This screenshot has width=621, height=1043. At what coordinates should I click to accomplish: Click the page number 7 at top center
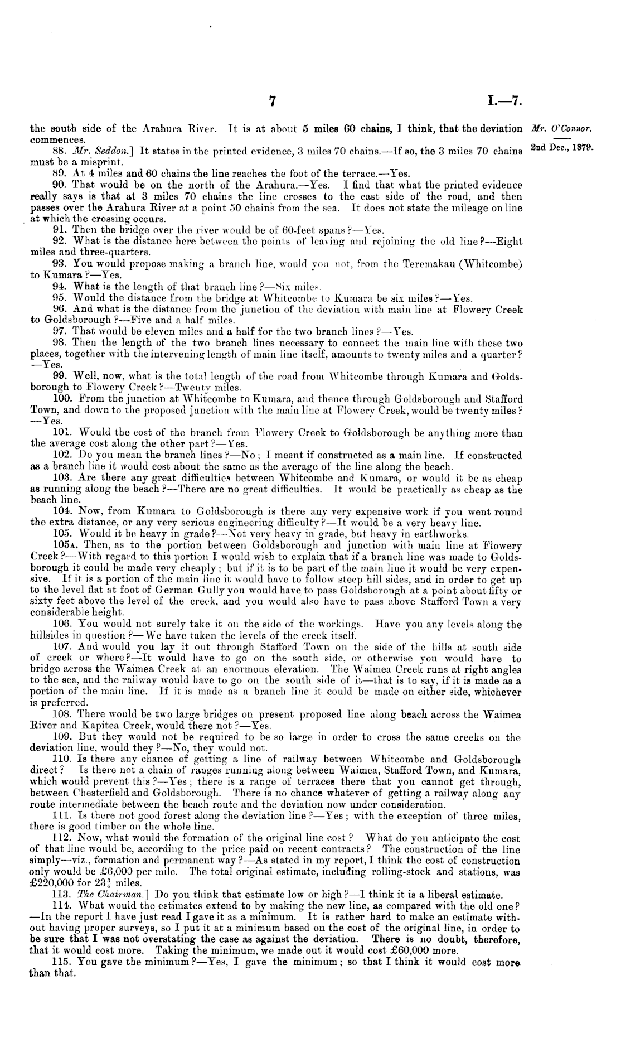[x=273, y=101]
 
